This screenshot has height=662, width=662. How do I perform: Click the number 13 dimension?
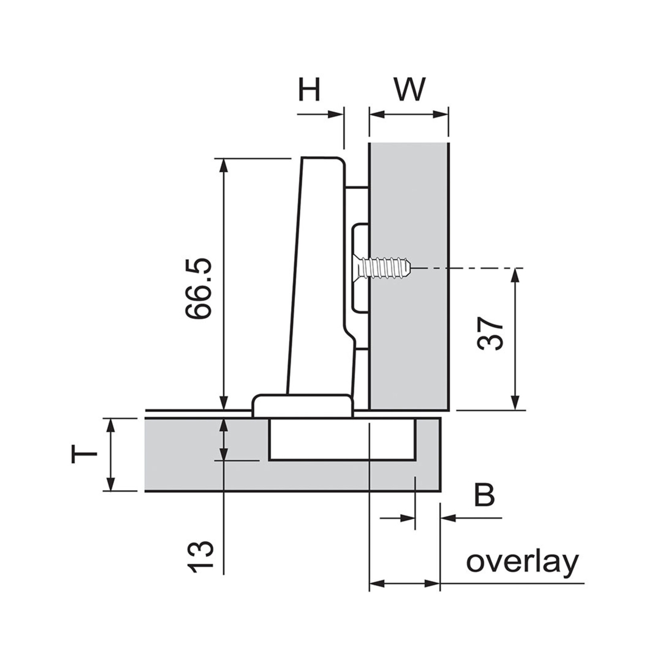pyautogui.click(x=200, y=557)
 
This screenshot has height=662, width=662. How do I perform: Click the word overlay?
pyautogui.click(x=522, y=562)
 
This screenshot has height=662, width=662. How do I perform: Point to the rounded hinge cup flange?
pyautogui.click(x=303, y=406)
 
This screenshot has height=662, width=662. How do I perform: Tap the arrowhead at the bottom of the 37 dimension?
pyautogui.click(x=515, y=403)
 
